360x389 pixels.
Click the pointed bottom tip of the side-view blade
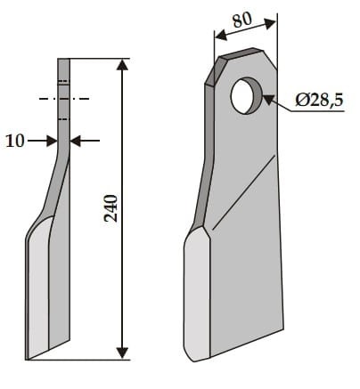(29, 358)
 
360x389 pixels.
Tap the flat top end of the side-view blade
(63, 60)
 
